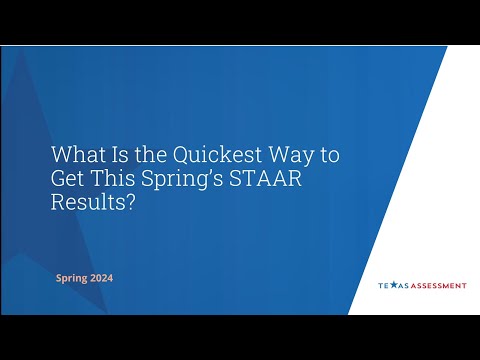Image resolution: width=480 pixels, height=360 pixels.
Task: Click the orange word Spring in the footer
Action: [x=71, y=277]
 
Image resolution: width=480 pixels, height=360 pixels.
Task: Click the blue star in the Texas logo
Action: [x=393, y=285]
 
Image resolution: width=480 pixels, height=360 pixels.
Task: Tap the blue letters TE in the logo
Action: [x=383, y=285]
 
